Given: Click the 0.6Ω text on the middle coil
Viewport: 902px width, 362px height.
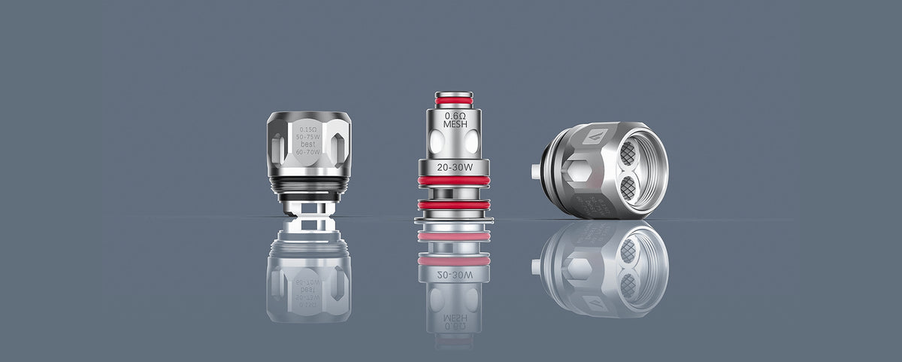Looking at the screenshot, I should [x=454, y=116].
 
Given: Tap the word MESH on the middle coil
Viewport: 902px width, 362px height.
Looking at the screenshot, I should [x=454, y=126].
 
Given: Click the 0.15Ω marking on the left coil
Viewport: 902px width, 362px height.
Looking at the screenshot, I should [x=309, y=129].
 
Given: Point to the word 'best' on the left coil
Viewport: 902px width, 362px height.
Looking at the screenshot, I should [x=309, y=144].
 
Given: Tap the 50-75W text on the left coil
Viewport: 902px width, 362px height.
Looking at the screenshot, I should [x=309, y=136].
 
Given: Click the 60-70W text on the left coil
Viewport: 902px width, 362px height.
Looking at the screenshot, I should [x=309, y=151].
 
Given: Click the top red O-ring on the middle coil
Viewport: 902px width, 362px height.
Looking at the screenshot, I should [x=454, y=99].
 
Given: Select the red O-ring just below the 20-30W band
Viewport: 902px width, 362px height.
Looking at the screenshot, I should [x=454, y=181].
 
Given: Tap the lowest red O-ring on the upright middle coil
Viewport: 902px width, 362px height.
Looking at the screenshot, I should [x=454, y=205].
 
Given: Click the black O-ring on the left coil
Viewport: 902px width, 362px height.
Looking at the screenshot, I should [x=309, y=184].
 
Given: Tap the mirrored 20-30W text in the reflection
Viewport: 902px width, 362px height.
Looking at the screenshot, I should [x=454, y=274].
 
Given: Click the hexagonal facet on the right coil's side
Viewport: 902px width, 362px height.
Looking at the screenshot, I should [x=579, y=173].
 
